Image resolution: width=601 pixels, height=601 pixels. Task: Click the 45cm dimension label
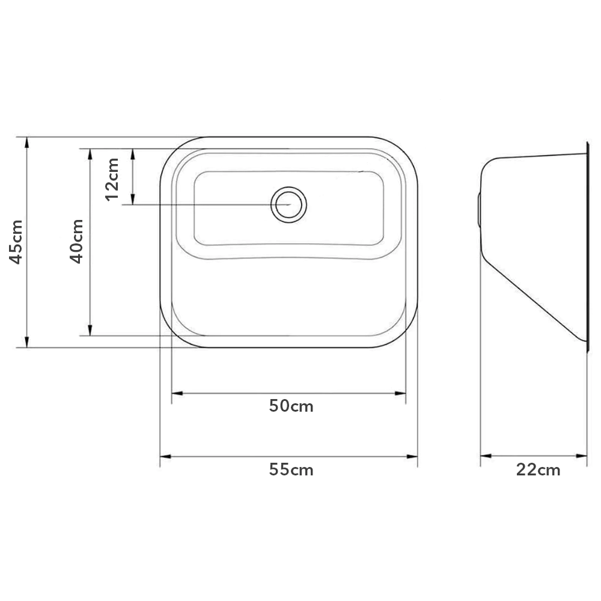[x=16, y=242]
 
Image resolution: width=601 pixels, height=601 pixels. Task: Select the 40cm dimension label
[x=76, y=241]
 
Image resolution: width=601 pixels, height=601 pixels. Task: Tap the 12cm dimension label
[x=112, y=179]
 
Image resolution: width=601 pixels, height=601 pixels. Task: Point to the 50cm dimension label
[x=291, y=406]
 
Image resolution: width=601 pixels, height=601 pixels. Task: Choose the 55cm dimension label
[x=291, y=469]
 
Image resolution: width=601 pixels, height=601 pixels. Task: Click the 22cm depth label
[x=538, y=469]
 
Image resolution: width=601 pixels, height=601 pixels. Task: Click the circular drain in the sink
[x=288, y=205]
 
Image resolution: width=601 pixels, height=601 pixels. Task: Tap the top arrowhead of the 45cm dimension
[x=27, y=142]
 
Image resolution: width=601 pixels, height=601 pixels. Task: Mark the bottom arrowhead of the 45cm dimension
[x=27, y=342]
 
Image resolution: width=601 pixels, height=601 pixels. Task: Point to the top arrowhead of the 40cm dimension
[x=90, y=154]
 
